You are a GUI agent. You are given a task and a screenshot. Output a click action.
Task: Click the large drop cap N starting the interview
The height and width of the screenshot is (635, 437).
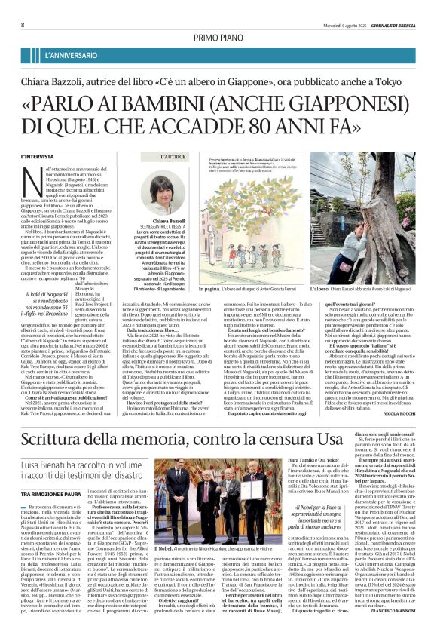[x=51, y=176]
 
